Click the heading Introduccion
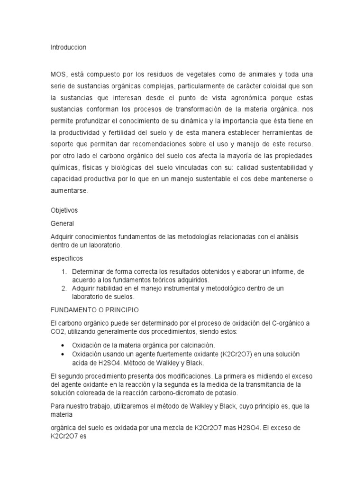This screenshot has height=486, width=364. point(68,47)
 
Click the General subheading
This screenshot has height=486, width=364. point(62,223)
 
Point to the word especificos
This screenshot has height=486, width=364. point(66,258)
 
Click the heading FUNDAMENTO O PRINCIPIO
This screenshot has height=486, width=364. point(94,310)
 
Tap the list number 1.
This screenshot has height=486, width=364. point(64,271)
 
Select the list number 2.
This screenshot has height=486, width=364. point(64,288)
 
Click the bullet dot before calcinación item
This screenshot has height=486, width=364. point(64,345)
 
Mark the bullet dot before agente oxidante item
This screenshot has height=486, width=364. point(64,355)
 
